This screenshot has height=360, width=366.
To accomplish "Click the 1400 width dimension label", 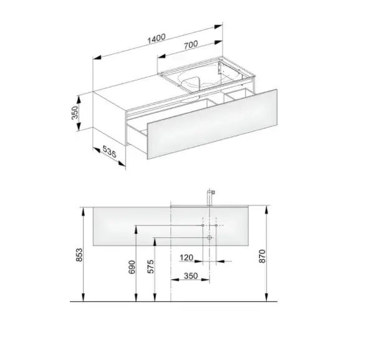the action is [157, 39].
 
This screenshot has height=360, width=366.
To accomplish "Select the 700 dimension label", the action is [191, 45].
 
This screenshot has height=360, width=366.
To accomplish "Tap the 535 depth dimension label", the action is [109, 151].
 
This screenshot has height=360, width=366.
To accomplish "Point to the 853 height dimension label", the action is [80, 255].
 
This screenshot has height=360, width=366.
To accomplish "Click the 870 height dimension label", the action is [262, 256].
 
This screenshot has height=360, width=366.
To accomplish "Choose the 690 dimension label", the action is [132, 267].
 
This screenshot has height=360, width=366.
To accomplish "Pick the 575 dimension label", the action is [151, 267].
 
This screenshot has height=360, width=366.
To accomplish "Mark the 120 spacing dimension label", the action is [186, 258].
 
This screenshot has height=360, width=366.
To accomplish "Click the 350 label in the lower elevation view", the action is [191, 276].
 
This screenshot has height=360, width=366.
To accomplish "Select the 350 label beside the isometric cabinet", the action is [74, 113].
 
